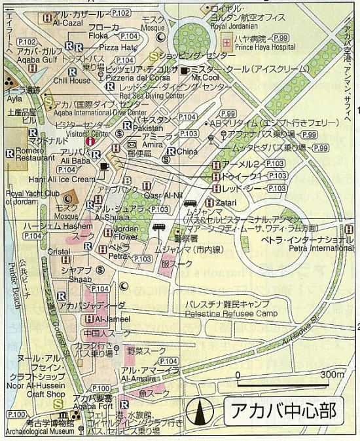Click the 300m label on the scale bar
(332, 374)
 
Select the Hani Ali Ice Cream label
(62, 179)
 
